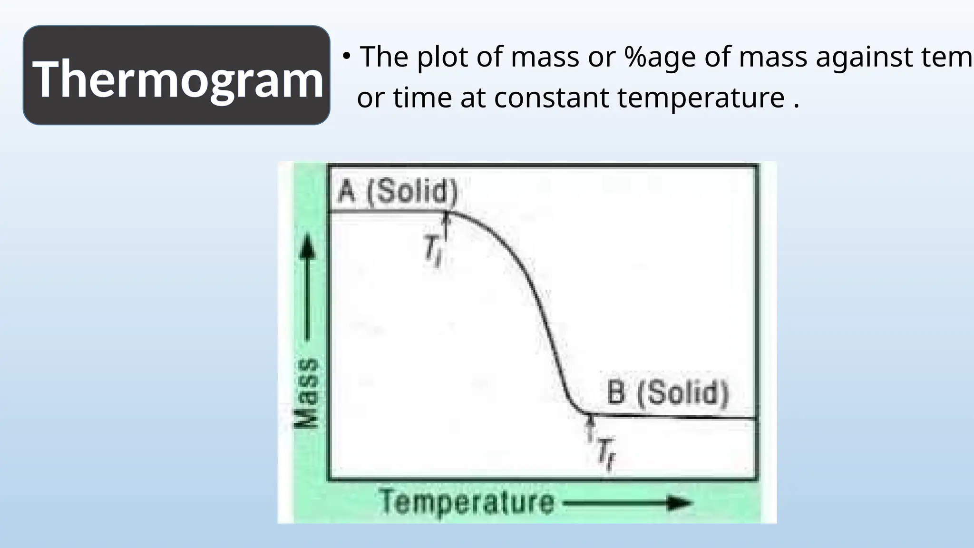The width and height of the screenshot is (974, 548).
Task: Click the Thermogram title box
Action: [176, 76]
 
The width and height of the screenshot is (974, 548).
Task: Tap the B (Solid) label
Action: [668, 393]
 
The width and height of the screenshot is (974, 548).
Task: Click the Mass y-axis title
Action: [305, 393]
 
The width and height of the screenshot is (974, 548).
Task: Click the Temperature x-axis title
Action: [467, 502]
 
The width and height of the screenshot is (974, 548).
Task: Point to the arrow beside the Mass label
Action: [307, 285]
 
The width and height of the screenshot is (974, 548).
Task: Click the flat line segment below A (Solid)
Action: [385, 211]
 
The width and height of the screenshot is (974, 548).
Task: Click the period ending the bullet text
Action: [796, 106]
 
